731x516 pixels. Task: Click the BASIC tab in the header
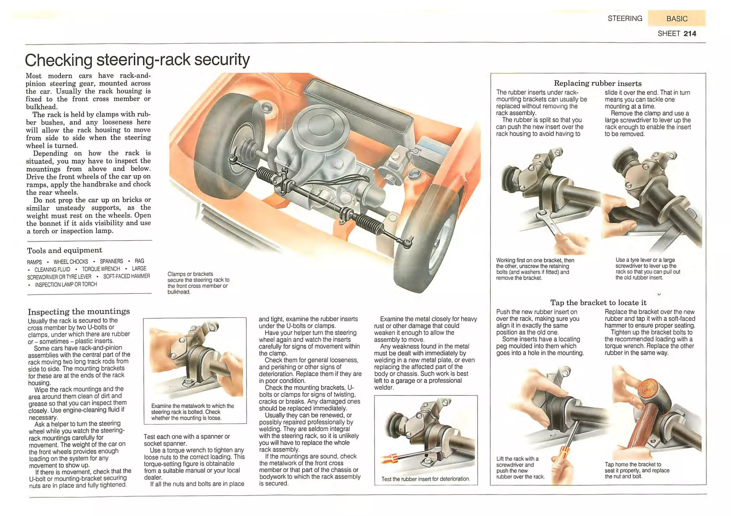(x=676, y=19)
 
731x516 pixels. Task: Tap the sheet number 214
(x=690, y=34)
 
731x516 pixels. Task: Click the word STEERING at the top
(x=625, y=19)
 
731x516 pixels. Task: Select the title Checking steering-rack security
(x=137, y=60)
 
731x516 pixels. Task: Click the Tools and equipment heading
(x=65, y=250)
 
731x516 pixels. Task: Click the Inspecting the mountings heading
(x=79, y=311)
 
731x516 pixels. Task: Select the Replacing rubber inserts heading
(x=598, y=83)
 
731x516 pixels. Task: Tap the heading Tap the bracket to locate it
(x=598, y=303)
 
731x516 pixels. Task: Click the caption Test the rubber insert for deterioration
(x=425, y=479)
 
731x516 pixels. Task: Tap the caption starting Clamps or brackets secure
(x=198, y=283)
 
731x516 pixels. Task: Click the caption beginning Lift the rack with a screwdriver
(x=520, y=468)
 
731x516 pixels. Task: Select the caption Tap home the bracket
(x=636, y=470)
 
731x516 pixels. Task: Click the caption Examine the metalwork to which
(x=193, y=412)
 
